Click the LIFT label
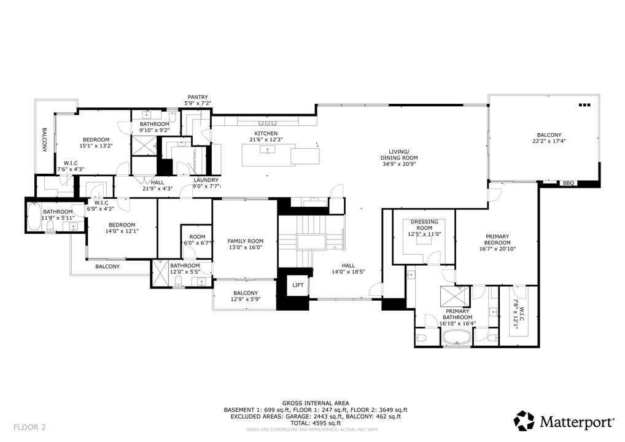pos(297,285)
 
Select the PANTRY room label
pos(198,97)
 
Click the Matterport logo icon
pos(524,421)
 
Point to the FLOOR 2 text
pos(29,427)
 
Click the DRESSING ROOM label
pos(424,225)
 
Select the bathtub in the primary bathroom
pos(457,337)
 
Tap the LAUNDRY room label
pos(206,180)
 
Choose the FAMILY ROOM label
pos(245,241)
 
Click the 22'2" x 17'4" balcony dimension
pos(549,141)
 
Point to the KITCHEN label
pos(266,133)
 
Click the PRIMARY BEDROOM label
pos(497,239)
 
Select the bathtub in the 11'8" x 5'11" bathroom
pos(33,217)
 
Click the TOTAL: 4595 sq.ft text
pos(316,423)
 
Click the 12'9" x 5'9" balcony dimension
pos(245,300)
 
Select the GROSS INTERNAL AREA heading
pos(316,403)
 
